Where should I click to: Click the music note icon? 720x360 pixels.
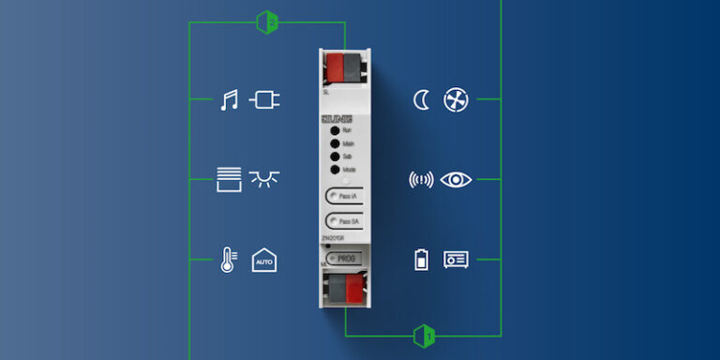[229, 99]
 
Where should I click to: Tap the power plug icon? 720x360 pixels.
[264, 99]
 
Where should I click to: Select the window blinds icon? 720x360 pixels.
[228, 178]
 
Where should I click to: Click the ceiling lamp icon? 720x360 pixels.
[264, 177]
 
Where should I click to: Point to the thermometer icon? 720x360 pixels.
[228, 259]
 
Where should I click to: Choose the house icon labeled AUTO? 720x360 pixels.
[264, 260]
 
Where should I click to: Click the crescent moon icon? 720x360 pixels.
[421, 99]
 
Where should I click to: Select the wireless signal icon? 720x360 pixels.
[421, 179]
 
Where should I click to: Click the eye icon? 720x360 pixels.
[457, 179]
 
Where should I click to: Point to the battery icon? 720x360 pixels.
[421, 260]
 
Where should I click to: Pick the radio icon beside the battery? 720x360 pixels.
[457, 260]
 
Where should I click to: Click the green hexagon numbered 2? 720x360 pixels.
[267, 21]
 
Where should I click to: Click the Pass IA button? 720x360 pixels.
[343, 196]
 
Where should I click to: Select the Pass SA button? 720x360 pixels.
[343, 221]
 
